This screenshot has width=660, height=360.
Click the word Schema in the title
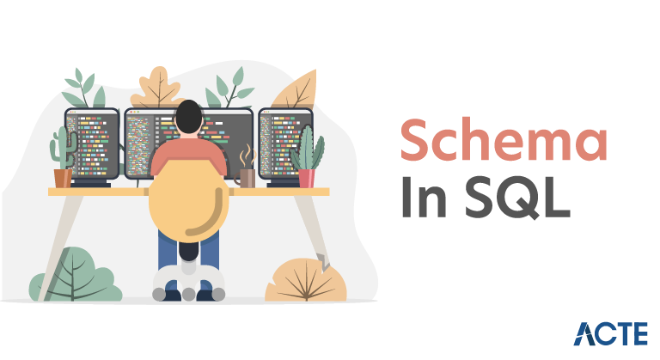tap(504, 140)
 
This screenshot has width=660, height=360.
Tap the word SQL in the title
tap(517, 197)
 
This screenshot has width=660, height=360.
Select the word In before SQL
tap(424, 197)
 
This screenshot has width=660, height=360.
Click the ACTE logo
tap(610, 333)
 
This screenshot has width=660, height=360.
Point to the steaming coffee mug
tap(246, 178)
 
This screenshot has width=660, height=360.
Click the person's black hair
tap(188, 117)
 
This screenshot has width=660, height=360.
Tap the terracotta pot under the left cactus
tap(63, 178)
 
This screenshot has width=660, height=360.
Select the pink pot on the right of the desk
tap(307, 178)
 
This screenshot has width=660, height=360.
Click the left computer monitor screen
tap(92, 144)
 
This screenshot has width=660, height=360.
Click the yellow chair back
tap(188, 200)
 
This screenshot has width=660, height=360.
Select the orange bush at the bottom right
tap(306, 280)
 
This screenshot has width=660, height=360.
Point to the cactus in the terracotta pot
tap(63, 149)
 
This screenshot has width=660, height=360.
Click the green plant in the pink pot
tap(308, 148)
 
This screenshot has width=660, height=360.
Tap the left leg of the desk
tap(61, 247)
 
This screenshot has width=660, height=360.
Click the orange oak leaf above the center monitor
tap(156, 88)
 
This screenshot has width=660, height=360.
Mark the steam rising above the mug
tap(247, 156)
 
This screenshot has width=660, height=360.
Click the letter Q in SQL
tap(520, 198)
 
